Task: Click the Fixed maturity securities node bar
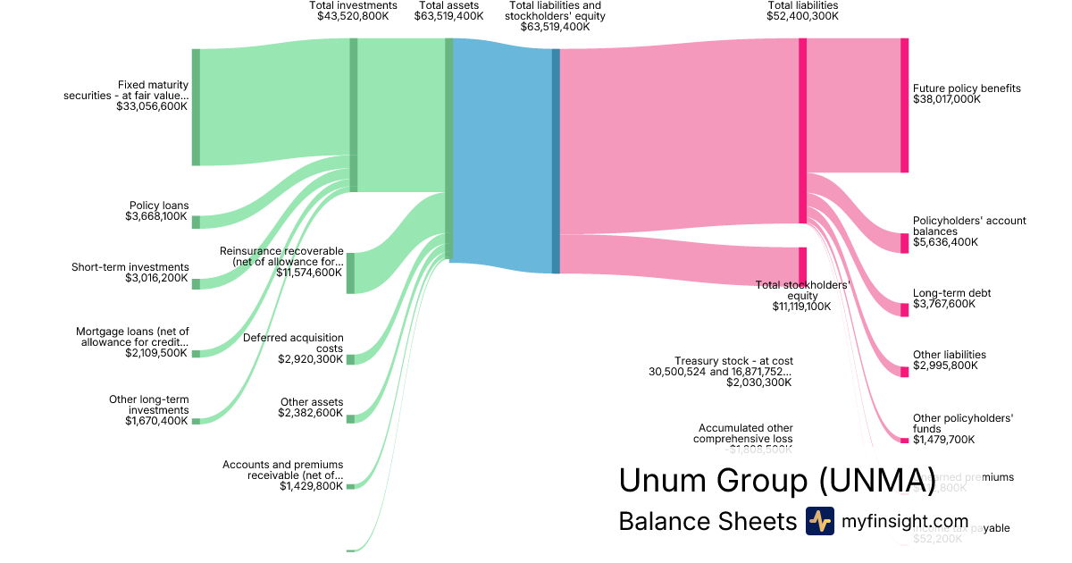[196, 107]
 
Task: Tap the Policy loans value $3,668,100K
[156, 216]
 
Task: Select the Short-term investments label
[130, 267]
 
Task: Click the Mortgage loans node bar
[196, 354]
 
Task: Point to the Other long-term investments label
[148, 405]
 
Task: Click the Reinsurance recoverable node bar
[350, 273]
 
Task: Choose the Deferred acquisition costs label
[293, 343]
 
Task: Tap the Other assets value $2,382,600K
[310, 413]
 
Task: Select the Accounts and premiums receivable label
[282, 470]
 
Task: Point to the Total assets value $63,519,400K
[448, 16]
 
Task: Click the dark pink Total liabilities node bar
[802, 130]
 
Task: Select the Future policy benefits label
[967, 88]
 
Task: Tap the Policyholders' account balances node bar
[904, 242]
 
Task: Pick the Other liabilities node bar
[904, 371]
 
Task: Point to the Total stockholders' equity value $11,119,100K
[801, 307]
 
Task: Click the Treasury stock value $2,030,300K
[758, 382]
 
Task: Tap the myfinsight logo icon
[819, 521]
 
